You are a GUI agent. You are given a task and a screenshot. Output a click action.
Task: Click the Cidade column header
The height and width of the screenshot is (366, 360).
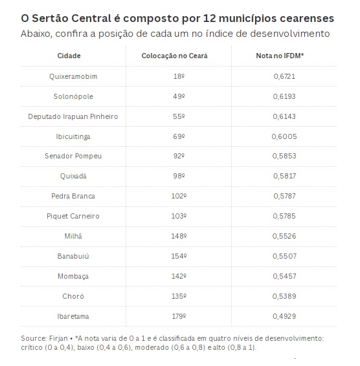click(69, 56)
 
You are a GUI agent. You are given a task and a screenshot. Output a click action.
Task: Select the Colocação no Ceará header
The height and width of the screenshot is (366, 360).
click(174, 56)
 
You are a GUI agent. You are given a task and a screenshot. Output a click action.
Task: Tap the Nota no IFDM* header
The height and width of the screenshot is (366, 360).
click(280, 56)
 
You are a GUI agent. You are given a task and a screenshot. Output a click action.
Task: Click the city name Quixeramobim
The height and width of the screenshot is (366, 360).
click(73, 76)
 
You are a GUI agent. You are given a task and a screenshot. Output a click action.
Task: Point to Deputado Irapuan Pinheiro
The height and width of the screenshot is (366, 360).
click(73, 116)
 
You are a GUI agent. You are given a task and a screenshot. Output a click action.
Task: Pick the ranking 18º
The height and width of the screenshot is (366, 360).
click(179, 76)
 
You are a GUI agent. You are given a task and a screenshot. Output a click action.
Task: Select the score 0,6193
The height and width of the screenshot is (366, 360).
click(284, 96)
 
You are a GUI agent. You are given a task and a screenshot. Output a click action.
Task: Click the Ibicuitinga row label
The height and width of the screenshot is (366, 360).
click(73, 136)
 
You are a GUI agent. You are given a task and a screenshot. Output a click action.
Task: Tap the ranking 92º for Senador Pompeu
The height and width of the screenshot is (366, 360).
click(179, 156)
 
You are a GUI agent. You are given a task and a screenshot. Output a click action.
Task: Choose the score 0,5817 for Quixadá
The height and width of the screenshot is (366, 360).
click(284, 176)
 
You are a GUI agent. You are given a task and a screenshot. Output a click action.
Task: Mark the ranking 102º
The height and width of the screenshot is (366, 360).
click(179, 196)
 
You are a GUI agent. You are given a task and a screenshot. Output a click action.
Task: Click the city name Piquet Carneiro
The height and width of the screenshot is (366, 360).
click(73, 216)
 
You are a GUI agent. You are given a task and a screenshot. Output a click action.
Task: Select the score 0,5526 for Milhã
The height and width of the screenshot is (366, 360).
click(284, 236)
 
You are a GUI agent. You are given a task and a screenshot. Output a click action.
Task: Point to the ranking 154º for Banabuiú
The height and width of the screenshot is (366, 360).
click(179, 256)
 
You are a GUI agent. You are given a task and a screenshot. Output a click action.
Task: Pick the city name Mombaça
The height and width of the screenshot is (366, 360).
click(73, 276)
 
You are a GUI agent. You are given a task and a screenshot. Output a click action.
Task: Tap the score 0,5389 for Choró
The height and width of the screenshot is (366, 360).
click(284, 296)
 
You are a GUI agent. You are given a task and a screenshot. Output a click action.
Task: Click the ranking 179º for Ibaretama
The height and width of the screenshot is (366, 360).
click(179, 316)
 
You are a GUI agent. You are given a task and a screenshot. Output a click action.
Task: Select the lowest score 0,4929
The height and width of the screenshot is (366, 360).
click(284, 316)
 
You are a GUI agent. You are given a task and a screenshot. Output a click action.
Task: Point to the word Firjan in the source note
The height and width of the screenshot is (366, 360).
click(58, 339)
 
